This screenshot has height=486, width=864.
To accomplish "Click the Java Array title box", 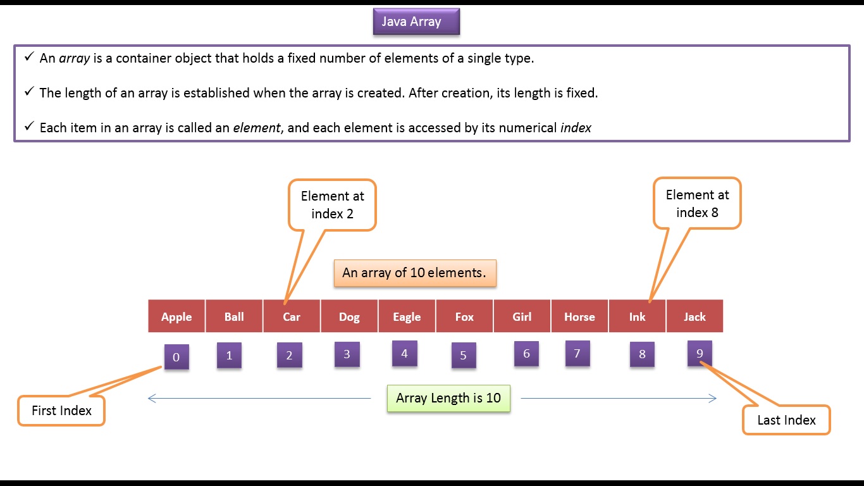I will [416, 22].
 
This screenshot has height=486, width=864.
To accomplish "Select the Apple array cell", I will [176, 316].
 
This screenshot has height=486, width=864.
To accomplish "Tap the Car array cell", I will [292, 316].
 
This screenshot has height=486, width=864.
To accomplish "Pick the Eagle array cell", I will [407, 316].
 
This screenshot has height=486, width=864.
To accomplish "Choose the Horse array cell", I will [579, 316].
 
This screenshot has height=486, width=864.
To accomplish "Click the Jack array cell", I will [694, 316].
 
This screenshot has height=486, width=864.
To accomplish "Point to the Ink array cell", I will [637, 316].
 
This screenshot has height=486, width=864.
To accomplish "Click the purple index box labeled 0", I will [176, 357].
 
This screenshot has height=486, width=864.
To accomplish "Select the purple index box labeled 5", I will [464, 356].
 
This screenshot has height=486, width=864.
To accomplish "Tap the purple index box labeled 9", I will [700, 353].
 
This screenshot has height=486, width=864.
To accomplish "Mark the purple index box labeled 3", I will [347, 354].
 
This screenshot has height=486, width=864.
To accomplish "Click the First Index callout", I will [61, 411].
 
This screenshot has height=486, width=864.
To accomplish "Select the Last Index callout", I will [786, 420].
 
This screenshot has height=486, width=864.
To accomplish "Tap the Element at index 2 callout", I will [332, 205].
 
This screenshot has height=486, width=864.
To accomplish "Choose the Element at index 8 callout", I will [697, 204].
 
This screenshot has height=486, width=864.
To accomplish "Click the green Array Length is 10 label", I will [448, 398].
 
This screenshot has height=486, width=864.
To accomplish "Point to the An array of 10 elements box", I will [414, 273].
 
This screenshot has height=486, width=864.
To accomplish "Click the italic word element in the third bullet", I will [256, 128].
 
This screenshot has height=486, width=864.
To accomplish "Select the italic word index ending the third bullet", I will [576, 128].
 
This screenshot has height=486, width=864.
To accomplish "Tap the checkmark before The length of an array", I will [29, 92].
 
